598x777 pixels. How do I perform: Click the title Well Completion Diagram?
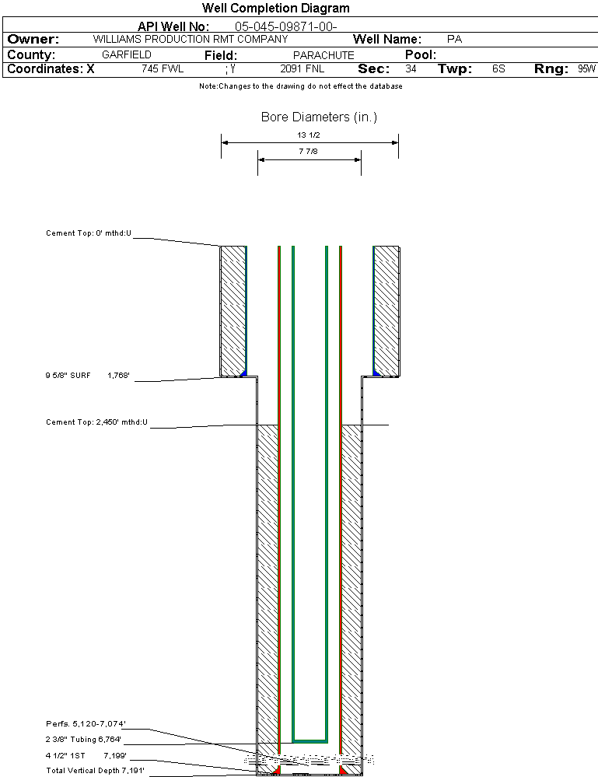(x=275, y=9)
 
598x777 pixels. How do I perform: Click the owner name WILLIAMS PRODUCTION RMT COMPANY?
(x=191, y=39)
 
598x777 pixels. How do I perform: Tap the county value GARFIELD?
(x=127, y=55)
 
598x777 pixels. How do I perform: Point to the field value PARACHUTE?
(x=323, y=55)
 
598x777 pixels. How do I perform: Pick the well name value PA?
(x=455, y=39)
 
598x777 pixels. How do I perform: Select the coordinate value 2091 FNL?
(x=302, y=69)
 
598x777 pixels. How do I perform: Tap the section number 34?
(x=411, y=69)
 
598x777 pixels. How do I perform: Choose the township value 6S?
(x=498, y=69)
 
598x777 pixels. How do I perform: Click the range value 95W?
(x=586, y=69)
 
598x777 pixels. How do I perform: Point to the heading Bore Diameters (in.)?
(x=319, y=117)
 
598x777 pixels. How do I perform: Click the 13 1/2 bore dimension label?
(x=309, y=135)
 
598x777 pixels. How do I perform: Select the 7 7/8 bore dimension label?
(x=309, y=152)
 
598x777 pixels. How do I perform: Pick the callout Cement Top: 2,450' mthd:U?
(x=97, y=422)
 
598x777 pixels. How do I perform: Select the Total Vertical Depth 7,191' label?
(x=95, y=770)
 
